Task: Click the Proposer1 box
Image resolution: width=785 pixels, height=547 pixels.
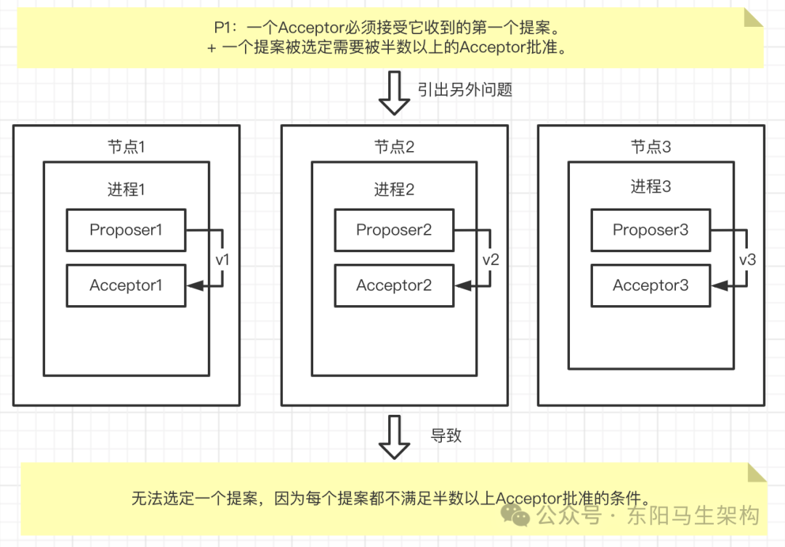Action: [x=126, y=230]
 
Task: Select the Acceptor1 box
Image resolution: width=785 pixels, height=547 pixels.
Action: [x=126, y=285]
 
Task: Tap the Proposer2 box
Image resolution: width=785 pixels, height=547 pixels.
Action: [x=393, y=230]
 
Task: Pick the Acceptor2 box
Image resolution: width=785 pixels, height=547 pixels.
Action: [x=393, y=285]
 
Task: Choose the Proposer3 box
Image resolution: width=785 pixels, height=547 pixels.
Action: [x=650, y=230]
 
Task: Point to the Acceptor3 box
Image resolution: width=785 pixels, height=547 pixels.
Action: [x=650, y=285]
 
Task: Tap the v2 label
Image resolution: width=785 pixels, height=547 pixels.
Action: [x=491, y=259]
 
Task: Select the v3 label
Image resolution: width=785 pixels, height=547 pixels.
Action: [x=747, y=259]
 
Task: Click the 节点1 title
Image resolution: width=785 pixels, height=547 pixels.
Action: [x=126, y=147]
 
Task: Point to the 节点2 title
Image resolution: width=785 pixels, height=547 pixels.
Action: [x=394, y=147]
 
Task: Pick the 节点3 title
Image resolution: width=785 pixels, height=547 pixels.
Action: [x=651, y=147]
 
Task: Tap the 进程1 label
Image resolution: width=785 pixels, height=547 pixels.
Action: [x=126, y=190]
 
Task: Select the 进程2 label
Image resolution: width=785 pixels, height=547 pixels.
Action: [x=394, y=190]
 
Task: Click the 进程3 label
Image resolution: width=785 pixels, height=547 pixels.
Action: [x=651, y=187]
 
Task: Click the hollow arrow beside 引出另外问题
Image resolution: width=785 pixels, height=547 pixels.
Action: [x=395, y=94]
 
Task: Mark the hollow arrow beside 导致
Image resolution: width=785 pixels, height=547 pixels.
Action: [x=395, y=437]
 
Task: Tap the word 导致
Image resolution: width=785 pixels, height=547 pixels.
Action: [x=446, y=436]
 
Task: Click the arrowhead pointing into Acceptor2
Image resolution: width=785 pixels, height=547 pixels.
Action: [x=459, y=286]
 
